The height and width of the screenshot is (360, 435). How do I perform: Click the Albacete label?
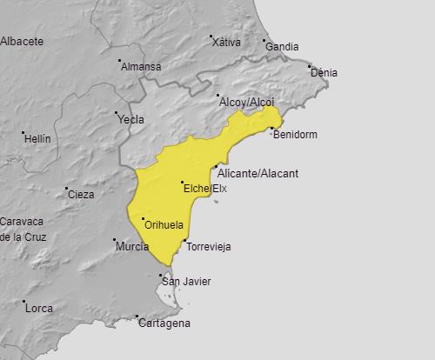click(x=22, y=41)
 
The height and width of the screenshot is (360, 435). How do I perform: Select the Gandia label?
click(x=282, y=47)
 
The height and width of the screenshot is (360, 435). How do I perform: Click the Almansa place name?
click(x=141, y=66)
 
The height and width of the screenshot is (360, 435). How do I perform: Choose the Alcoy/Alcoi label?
click(x=246, y=103)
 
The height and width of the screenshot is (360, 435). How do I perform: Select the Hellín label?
click(x=37, y=139)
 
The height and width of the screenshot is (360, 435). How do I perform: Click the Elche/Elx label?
click(x=205, y=189)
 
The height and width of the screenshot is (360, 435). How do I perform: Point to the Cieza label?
click(x=80, y=194)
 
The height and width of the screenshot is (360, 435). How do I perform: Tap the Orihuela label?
click(x=164, y=225)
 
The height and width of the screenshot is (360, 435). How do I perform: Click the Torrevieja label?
click(x=209, y=247)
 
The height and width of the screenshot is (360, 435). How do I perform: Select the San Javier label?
click(x=186, y=282)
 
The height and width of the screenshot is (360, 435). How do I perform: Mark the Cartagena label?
click(x=164, y=323)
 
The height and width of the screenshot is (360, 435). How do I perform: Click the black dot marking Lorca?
click(x=24, y=302)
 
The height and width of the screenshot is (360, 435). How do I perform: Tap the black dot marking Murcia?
click(x=114, y=240)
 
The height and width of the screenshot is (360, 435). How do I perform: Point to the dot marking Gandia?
click(x=264, y=40)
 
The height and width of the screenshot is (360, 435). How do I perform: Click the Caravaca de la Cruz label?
click(x=23, y=229)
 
